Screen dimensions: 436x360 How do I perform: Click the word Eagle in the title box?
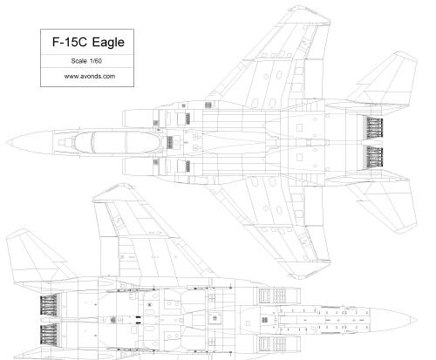click(x=108, y=43)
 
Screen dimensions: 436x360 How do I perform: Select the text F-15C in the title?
click(x=70, y=42)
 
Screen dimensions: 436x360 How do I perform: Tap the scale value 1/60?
click(x=96, y=61)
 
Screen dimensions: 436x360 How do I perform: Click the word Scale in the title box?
click(x=79, y=61)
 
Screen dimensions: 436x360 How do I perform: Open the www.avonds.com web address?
click(x=90, y=77)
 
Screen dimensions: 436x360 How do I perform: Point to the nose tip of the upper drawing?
click(x=7, y=143)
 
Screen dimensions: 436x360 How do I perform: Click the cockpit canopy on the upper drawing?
click(x=116, y=142)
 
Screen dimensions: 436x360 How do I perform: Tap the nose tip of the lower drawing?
click(x=417, y=319)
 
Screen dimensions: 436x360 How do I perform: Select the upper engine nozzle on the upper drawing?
click(x=374, y=128)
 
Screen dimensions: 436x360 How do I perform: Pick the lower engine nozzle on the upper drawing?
click(x=374, y=157)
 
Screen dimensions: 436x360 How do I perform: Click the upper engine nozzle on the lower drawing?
click(x=49, y=304)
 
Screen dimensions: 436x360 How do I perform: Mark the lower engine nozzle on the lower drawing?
click(x=49, y=334)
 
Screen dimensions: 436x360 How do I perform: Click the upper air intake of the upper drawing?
click(x=140, y=119)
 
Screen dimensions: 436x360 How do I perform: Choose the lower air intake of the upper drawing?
click(x=140, y=166)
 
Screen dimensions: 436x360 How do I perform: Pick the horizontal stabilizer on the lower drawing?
click(x=37, y=259)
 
